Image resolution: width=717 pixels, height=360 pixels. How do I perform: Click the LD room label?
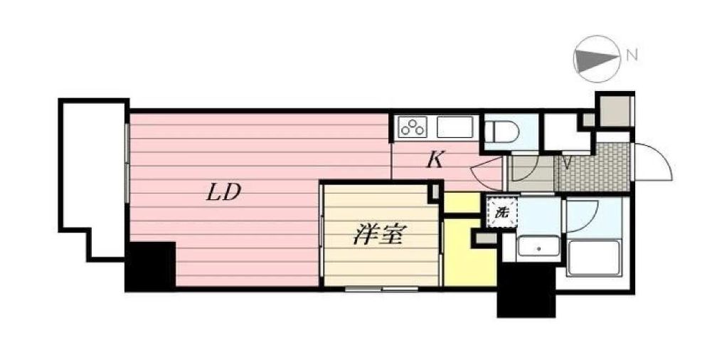coord(223,193)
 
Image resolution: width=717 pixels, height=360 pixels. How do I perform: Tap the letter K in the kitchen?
coord(435,160)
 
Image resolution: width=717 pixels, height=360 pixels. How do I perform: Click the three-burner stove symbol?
coord(412,128)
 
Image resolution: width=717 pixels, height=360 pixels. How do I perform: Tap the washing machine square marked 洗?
coord(501,211)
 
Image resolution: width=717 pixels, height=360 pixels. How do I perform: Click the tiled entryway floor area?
coord(592,168)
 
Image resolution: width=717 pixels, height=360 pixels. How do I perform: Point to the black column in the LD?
coord(151,267)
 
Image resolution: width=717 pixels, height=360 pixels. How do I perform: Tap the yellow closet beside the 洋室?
coord(469,253)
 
